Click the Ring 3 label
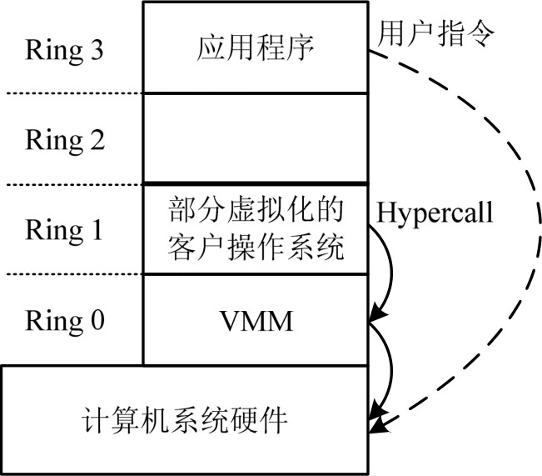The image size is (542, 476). (x=64, y=51)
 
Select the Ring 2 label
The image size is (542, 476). (x=64, y=139)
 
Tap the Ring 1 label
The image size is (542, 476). (x=64, y=229)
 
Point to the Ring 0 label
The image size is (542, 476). (x=64, y=319)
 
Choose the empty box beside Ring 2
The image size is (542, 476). (x=256, y=138)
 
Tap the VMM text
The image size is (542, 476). (x=256, y=320)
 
